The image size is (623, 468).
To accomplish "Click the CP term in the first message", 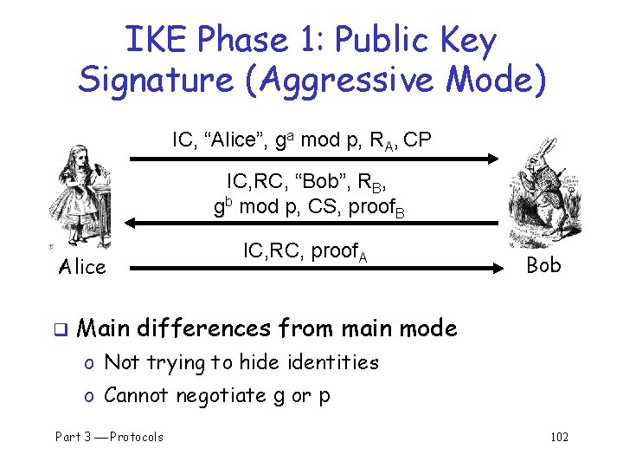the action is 415,139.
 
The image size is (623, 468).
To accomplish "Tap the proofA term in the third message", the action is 338,252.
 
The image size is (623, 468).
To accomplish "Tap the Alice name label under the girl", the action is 82,266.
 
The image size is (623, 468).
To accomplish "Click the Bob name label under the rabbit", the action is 543,264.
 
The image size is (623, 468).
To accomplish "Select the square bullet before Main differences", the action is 61,329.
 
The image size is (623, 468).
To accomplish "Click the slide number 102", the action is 559,436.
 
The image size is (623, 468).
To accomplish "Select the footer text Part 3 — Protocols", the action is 109,436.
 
